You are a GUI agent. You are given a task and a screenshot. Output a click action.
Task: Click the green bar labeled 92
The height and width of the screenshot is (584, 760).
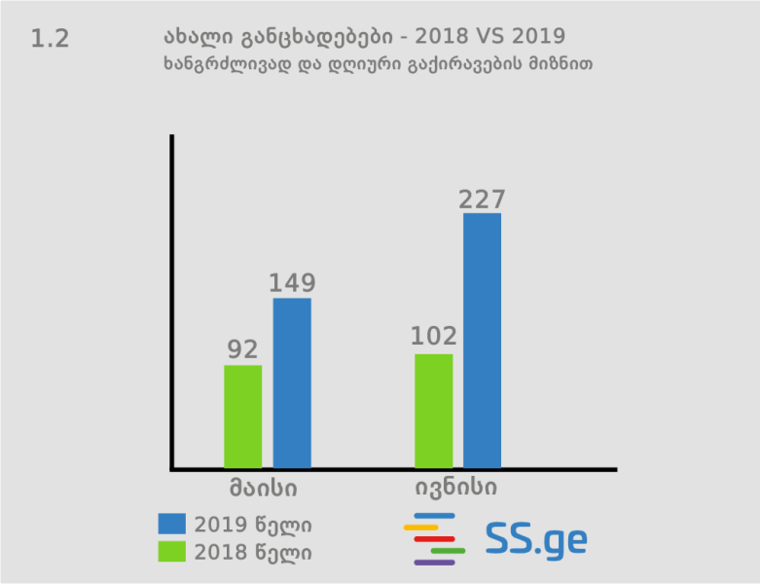click(x=243, y=416)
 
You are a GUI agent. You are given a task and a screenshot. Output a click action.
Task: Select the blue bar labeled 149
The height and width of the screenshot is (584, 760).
click(x=292, y=383)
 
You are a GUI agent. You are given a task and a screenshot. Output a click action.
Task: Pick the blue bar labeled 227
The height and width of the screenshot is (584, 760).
click(x=483, y=340)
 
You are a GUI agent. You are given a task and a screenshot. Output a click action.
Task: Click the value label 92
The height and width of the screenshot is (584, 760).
click(x=243, y=349)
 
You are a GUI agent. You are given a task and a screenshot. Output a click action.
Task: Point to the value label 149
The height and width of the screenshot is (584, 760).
click(x=292, y=283)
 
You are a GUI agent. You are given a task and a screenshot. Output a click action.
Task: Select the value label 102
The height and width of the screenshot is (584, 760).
click(x=434, y=337)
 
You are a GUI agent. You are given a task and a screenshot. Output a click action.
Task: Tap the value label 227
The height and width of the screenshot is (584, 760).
click(x=483, y=200)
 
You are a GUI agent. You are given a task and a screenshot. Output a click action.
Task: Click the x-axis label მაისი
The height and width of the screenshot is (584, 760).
click(x=264, y=485)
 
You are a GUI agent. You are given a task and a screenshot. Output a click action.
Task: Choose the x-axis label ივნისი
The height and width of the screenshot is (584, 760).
click(x=456, y=485)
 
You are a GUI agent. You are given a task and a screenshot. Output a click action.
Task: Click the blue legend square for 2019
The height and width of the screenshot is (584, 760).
click(x=171, y=524)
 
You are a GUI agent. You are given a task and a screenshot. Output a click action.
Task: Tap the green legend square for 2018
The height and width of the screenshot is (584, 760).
click(x=171, y=551)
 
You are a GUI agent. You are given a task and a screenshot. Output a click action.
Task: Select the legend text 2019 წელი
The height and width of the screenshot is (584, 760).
click(x=253, y=525)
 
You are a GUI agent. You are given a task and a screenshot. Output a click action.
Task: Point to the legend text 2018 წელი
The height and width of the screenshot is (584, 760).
click(x=253, y=552)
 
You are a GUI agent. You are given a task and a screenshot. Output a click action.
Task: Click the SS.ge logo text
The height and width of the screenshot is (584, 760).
click(x=536, y=539)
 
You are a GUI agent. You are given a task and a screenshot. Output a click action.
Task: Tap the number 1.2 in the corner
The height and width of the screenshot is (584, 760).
click(x=50, y=40)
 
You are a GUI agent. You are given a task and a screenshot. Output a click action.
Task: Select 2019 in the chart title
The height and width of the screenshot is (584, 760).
click(x=538, y=37)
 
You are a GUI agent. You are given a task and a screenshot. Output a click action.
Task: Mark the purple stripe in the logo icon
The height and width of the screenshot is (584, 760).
click(x=434, y=563)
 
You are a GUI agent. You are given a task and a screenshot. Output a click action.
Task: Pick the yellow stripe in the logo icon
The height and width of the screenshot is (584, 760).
click(x=421, y=527)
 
